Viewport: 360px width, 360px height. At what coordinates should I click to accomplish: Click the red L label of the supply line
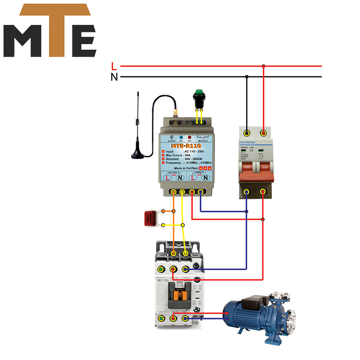point(114,65)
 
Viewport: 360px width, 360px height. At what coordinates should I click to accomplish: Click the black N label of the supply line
point(114,77)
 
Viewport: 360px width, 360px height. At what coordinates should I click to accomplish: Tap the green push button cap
point(199,93)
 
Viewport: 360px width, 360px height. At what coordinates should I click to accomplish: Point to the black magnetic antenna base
point(138,153)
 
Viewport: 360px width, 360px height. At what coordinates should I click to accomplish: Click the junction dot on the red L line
point(263,65)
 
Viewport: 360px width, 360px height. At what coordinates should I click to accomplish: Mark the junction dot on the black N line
point(246,77)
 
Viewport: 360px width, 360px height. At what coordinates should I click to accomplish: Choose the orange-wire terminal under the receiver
point(173,191)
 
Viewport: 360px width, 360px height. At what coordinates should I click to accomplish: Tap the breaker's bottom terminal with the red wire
point(263,191)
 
